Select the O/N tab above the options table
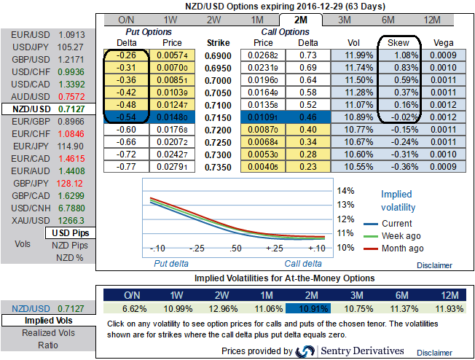coord(126,20)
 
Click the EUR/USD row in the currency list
coord(47,34)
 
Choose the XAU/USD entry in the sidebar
coord(47,220)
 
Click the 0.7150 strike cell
coord(218,115)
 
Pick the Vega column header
coord(444,42)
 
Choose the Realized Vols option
coord(47,332)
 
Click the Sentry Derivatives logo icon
coord(305,351)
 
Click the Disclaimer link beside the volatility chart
coord(433,265)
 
